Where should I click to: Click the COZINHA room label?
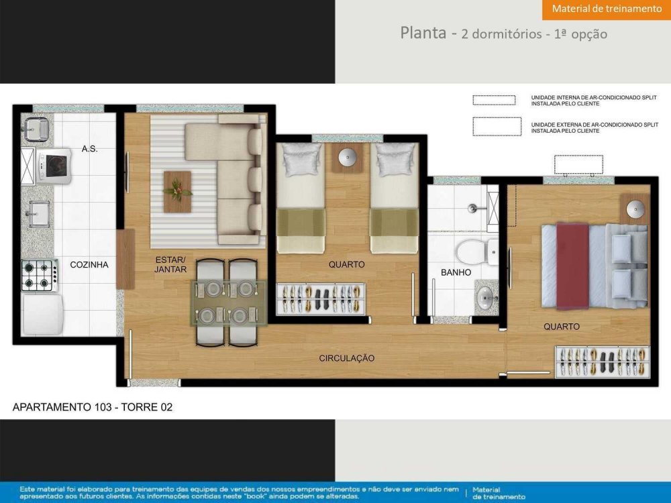coord(89,265)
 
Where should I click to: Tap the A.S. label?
coord(89,149)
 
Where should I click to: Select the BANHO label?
coord(456,272)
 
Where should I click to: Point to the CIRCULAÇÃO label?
coord(347,358)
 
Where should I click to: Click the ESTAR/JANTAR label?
coord(170,264)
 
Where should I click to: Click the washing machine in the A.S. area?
coord(53,166)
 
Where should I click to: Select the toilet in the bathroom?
coord(476,252)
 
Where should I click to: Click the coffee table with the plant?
coord(177,192)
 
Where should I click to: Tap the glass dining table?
coord(228,304)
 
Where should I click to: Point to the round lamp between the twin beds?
coord(348,158)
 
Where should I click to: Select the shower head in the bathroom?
coord(472,209)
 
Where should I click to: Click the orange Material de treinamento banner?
coord(607,10)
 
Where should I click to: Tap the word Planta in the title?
coord(423,32)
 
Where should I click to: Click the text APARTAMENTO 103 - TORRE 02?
coord(93,407)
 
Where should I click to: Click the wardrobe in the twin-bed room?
coord(321,299)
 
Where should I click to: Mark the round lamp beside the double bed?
coord(635,209)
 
